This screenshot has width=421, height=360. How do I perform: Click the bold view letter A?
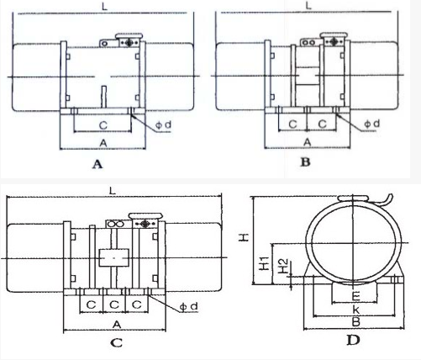[x=97, y=164]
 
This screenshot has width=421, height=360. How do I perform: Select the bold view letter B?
[x=305, y=161]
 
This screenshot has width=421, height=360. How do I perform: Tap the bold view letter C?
[x=117, y=342]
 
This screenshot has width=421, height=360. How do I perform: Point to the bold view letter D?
[x=353, y=340]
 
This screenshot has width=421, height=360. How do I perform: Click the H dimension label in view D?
[x=244, y=237]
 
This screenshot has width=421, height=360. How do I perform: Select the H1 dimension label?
[x=264, y=263]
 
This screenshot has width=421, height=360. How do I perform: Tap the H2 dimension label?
[x=283, y=266]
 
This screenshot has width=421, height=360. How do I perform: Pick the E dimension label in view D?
[x=355, y=296]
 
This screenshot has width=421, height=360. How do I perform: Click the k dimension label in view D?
[x=355, y=310]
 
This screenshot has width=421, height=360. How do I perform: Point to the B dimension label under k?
[x=355, y=322]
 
